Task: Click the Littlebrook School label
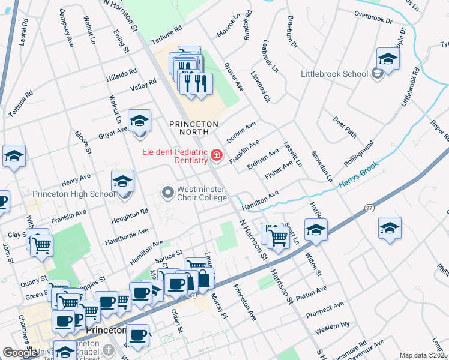[x=334, y=74]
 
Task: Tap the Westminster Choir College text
[x=200, y=193]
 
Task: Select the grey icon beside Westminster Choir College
[x=167, y=192]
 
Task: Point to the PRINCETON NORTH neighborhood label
[x=193, y=124]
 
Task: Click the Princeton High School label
[x=74, y=194]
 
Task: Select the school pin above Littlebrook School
[x=388, y=59]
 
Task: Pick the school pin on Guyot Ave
[x=139, y=122]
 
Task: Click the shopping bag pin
[x=204, y=279]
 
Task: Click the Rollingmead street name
[x=358, y=154]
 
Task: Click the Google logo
[x=20, y=352]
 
